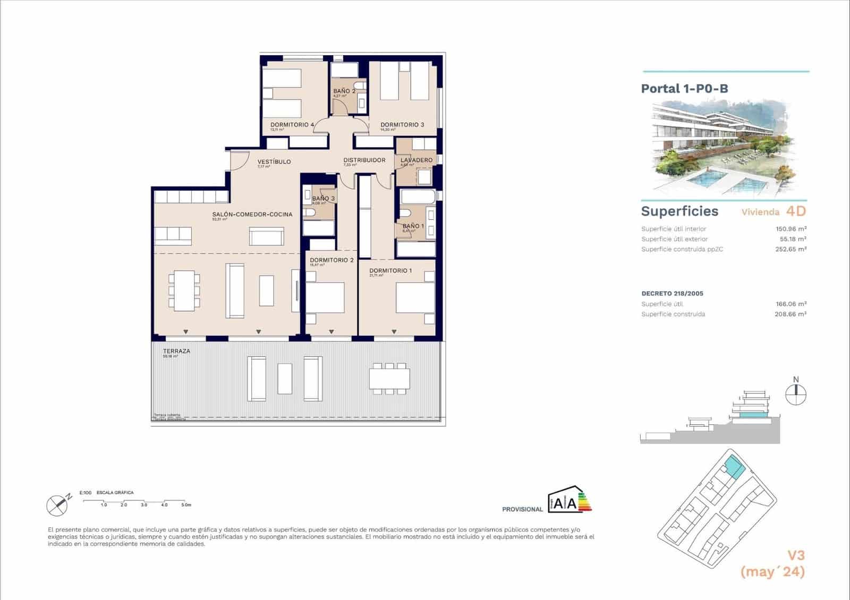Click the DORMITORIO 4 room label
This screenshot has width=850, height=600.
coord(292,125)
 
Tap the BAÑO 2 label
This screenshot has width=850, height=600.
coord(344,91)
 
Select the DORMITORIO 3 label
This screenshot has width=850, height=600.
coord(402,125)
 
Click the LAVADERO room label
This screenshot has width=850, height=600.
coord(416,160)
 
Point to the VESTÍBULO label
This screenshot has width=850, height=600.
coord(274,161)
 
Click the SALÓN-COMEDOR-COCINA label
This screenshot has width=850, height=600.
coord(252,215)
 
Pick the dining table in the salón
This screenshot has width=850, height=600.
coord(184,290)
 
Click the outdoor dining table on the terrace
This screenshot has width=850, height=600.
coord(389,379)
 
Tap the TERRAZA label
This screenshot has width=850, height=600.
coord(176,351)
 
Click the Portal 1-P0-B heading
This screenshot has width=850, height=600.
coord(684,89)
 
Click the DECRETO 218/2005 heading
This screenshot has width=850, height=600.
coord(672,294)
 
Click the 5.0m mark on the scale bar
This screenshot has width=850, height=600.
coord(185,505)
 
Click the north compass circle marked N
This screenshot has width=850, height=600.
coord(795,394)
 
